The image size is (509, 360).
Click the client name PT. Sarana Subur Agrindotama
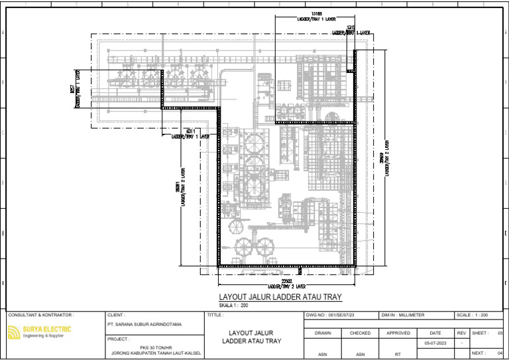tap(144, 325)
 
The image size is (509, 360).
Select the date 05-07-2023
tap(435, 343)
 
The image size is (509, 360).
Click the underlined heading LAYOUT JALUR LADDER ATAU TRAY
tap(280, 297)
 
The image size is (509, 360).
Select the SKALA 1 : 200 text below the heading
tap(233, 305)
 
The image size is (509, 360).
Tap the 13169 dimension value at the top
tap(316, 14)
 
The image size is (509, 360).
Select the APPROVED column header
tap(398, 333)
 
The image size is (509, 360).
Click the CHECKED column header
tap(360, 333)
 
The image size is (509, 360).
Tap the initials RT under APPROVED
tap(398, 354)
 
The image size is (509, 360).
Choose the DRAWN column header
tap(322, 333)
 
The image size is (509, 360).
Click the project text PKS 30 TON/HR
tap(154, 347)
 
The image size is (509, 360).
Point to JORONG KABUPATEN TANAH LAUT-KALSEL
tap(154, 354)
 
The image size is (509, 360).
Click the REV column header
tap(461, 333)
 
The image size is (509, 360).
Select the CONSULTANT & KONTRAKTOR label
tap(41, 315)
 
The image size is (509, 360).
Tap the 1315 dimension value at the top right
tap(351, 27)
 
